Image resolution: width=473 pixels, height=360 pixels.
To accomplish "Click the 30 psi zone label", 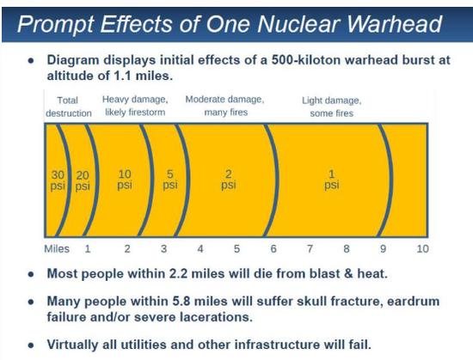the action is pos(58,180).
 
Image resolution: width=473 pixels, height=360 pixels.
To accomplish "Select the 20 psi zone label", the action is pos(83,180).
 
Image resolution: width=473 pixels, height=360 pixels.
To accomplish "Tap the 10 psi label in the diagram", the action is pos(125,180).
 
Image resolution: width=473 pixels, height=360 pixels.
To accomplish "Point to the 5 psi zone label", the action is pos(170,180).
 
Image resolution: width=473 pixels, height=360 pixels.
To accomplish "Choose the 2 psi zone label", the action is pos(229,180).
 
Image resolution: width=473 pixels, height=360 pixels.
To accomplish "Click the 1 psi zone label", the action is pos(331,180).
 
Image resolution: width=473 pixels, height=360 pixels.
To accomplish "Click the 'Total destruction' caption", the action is pos(69,107).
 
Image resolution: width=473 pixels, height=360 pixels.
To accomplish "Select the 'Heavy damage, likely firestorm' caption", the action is pos(135,106).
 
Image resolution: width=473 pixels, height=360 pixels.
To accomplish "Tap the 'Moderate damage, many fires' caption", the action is pos(225,106).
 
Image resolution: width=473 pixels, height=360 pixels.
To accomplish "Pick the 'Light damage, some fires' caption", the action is pos(331,107).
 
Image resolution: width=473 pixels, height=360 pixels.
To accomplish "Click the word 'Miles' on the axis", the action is pos(57,249).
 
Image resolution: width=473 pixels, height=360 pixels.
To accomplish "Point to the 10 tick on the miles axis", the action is pos(422,249).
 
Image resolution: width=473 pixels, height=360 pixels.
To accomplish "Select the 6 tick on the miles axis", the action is pos(273,249).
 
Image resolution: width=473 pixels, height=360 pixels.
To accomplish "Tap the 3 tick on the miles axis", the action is pos(163,249).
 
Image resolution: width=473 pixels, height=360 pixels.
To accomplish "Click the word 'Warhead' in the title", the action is pos(395,24).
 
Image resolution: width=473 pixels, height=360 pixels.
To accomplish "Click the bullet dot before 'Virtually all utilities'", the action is pos(30,345).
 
